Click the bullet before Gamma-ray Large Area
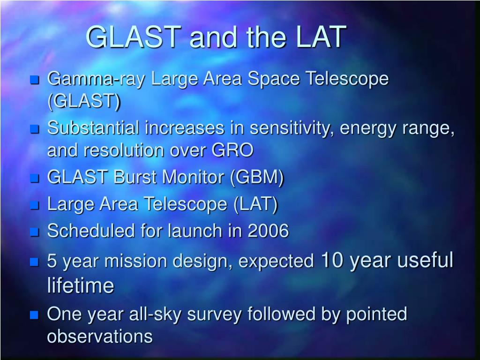click(x=35, y=80)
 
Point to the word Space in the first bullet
click(x=273, y=79)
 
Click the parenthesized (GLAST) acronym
click(x=84, y=101)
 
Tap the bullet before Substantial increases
click(x=35, y=129)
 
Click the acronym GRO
click(x=232, y=150)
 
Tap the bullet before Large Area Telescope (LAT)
click(x=35, y=205)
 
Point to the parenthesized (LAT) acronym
click(x=255, y=204)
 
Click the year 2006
click(x=268, y=231)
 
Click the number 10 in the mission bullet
click(x=332, y=260)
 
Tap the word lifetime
click(x=81, y=285)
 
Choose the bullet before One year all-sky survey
click(x=35, y=315)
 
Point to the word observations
click(x=100, y=337)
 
